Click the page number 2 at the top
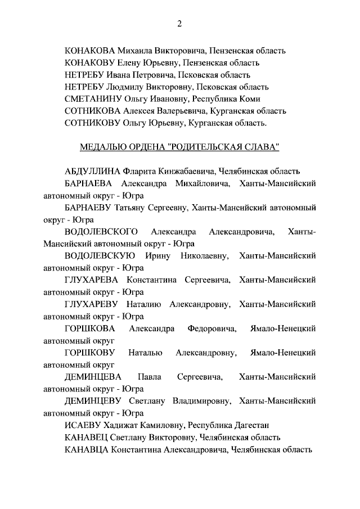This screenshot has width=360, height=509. point(179,23)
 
